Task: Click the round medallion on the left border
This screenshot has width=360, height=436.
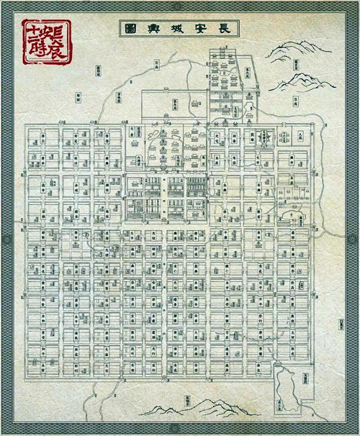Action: click(x=6, y=238)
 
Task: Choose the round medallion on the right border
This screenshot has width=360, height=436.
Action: click(x=354, y=238)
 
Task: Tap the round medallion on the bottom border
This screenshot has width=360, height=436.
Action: click(x=181, y=430)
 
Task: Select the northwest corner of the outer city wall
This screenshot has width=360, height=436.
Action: click(x=27, y=124)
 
